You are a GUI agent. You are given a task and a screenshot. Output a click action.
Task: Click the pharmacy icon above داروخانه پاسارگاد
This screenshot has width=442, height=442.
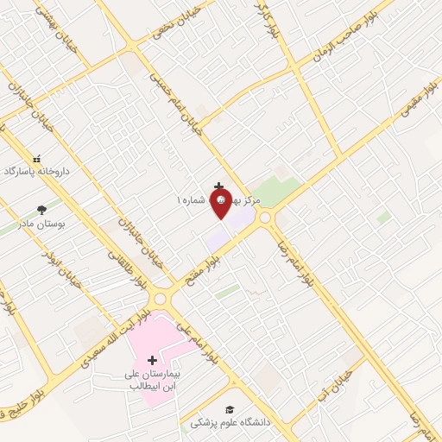[36, 159]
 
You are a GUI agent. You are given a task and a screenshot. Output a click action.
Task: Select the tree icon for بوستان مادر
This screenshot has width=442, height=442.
[41, 210]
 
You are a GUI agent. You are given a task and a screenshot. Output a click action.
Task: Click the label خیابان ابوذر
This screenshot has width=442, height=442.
[67, 268]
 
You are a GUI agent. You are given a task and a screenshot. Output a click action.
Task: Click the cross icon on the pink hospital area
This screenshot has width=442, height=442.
[153, 360]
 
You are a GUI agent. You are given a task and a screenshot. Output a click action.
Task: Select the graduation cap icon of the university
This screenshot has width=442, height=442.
[230, 409]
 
